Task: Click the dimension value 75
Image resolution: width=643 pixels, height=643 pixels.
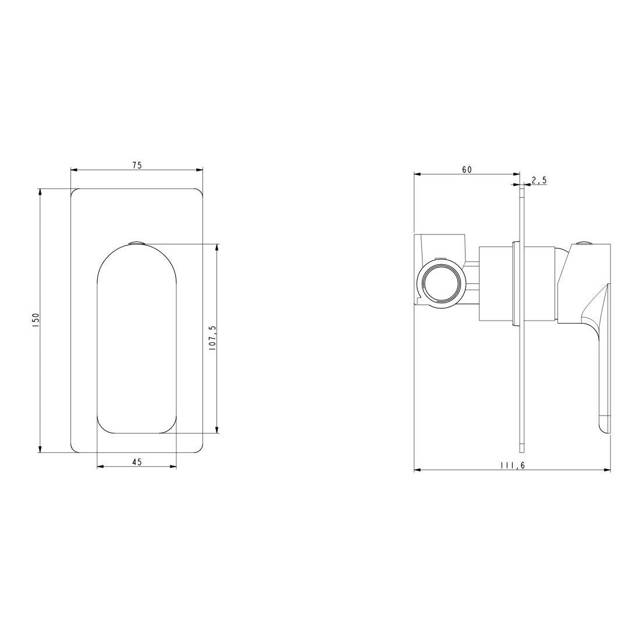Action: (137, 165)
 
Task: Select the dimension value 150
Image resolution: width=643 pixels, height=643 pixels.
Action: (35, 320)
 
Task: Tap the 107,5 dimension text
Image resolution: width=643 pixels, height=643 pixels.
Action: (212, 337)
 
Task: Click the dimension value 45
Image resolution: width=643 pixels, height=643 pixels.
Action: (137, 462)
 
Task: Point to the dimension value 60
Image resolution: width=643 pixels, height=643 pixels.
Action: (467, 169)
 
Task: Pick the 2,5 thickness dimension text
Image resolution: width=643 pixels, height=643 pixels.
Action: (539, 180)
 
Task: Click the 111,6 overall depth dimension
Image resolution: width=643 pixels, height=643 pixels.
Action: (511, 466)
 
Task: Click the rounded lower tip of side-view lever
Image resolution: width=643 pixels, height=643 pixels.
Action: (605, 428)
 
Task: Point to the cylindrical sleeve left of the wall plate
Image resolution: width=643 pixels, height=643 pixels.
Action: (495, 283)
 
